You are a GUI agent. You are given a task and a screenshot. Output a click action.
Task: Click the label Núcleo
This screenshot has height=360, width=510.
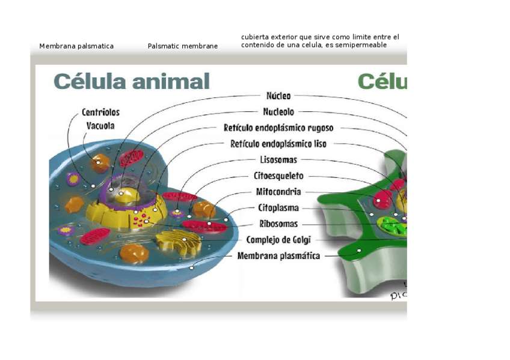[278, 96]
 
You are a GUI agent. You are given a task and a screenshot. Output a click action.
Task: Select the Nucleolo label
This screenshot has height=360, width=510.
[278, 112]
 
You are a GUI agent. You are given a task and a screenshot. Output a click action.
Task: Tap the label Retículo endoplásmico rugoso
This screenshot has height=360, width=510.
[278, 128]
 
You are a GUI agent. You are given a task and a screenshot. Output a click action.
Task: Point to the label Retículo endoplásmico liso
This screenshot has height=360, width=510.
[278, 144]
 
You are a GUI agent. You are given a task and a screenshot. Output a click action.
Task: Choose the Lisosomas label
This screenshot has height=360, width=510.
[278, 160]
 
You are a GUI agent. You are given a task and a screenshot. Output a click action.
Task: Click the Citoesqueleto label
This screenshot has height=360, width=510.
[278, 176]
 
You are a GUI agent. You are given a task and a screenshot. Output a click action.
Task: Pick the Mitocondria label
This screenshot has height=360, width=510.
[278, 192]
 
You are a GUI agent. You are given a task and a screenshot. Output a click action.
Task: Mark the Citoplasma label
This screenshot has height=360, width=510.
[278, 208]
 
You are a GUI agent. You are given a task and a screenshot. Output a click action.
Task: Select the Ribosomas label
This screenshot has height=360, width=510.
[278, 224]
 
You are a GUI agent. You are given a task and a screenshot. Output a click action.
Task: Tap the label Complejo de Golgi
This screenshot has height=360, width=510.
[278, 240]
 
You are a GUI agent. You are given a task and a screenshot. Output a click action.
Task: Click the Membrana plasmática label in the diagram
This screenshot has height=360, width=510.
[278, 256]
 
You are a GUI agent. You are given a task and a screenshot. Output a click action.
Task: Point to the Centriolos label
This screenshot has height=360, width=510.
[100, 112]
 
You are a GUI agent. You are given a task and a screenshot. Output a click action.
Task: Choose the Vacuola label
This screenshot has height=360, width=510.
[100, 126]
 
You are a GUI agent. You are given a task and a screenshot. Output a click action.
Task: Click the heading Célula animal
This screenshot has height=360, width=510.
[132, 81]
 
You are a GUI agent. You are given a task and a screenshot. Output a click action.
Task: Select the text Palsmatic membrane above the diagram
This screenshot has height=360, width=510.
[183, 46]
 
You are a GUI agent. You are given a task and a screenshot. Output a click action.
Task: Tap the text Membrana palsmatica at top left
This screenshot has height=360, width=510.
[76, 46]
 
